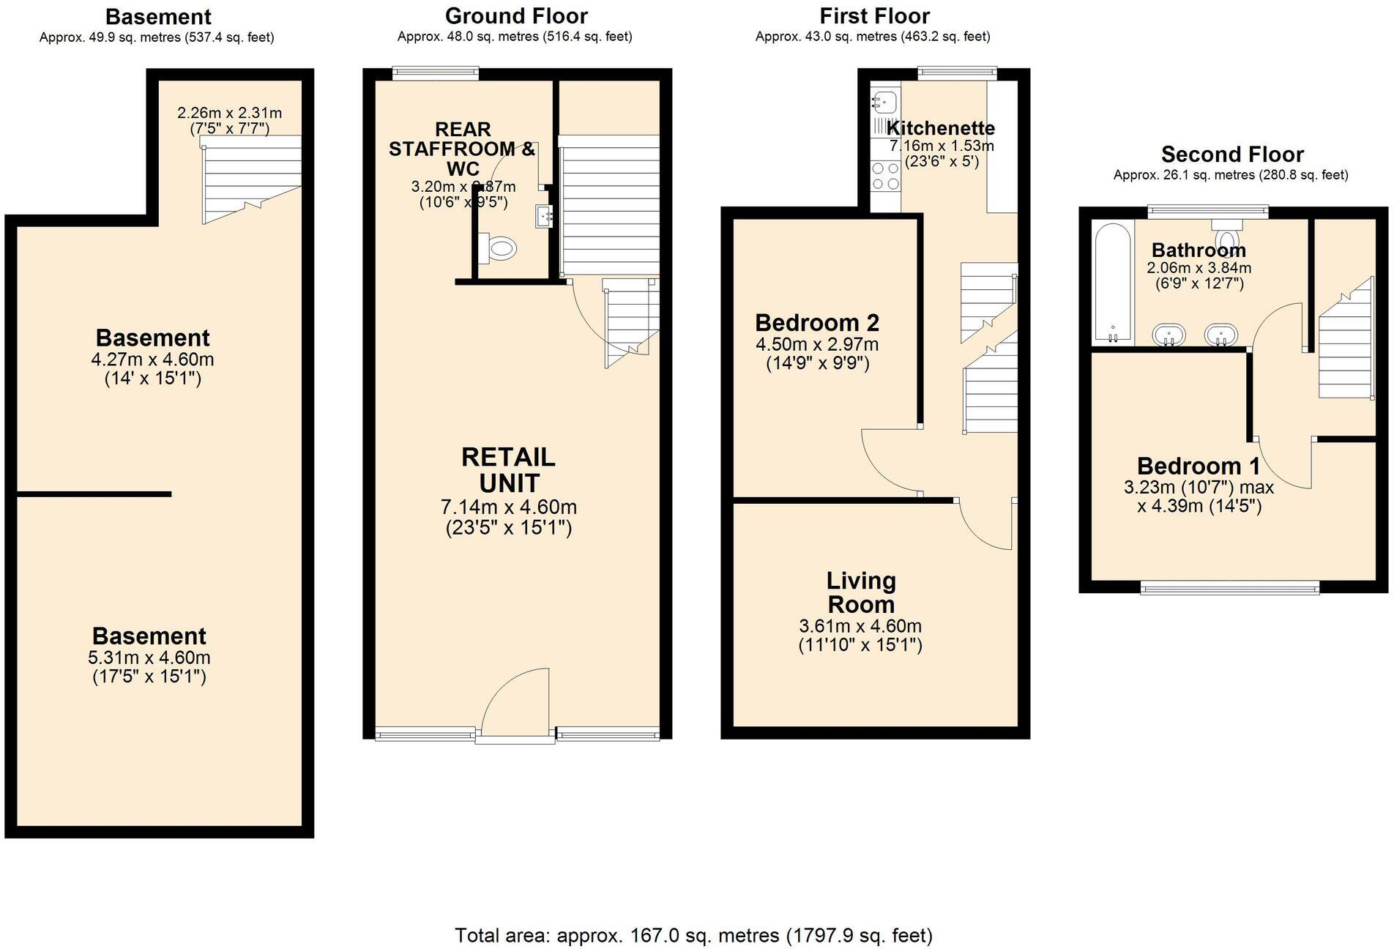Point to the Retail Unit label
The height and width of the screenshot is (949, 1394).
pyautogui.click(x=509, y=470)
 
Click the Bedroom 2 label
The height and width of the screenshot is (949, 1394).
pyautogui.click(x=817, y=323)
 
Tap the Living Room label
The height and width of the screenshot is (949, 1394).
pyautogui.click(x=861, y=592)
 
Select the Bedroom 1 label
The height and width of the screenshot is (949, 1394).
pyautogui.click(x=1198, y=466)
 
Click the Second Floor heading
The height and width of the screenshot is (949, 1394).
pyautogui.click(x=1231, y=155)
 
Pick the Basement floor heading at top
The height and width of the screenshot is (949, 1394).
pyautogui.click(x=158, y=16)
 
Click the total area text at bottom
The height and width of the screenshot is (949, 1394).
pyautogui.click(x=693, y=935)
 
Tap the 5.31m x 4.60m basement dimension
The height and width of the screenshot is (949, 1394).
pyautogui.click(x=149, y=658)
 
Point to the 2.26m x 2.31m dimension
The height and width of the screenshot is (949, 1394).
pyautogui.click(x=229, y=113)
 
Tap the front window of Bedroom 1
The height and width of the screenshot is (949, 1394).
pyautogui.click(x=1230, y=587)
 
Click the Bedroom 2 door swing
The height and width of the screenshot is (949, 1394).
pyautogui.click(x=889, y=461)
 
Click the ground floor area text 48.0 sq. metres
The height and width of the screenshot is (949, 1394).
pyautogui.click(x=514, y=37)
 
